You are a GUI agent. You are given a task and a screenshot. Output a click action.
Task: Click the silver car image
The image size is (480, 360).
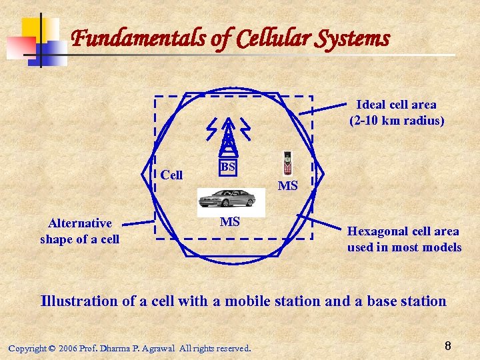[227, 198]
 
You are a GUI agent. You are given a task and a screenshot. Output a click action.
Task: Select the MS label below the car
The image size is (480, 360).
[229, 222]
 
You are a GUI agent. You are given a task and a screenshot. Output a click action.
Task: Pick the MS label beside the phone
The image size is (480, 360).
[287, 185]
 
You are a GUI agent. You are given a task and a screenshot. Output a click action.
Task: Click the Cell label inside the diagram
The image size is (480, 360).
[171, 175]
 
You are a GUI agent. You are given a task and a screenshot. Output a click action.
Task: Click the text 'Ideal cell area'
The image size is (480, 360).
[397, 105]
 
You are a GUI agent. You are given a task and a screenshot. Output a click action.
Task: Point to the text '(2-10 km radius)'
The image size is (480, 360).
[397, 121]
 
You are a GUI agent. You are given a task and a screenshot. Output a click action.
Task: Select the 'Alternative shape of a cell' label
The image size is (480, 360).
[80, 231]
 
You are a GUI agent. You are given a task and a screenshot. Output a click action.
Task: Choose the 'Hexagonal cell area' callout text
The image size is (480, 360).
[403, 231]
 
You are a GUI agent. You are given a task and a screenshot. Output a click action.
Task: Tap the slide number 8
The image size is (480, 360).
[447, 346]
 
